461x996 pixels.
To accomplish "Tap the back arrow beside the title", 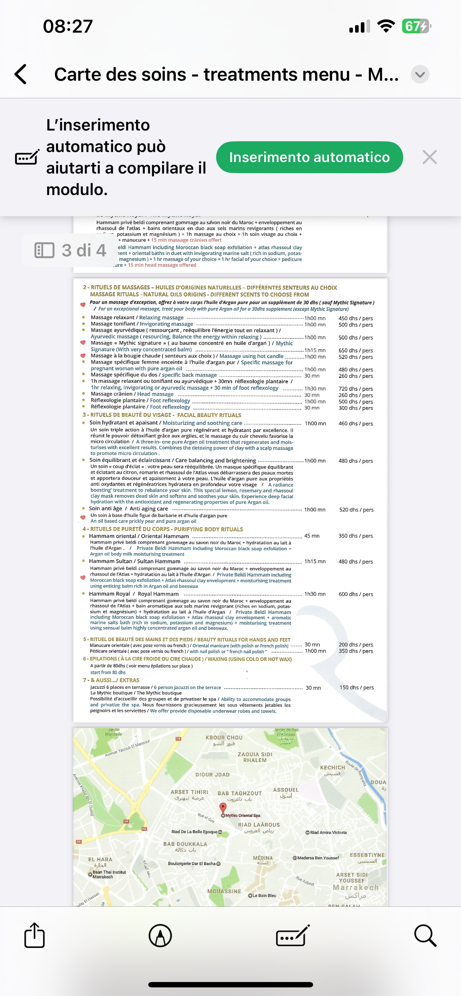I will pos(20,74).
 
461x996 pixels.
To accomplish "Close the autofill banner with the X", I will pos(429,157).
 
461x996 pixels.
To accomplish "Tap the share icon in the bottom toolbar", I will pos(34,935).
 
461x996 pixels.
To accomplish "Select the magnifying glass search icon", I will pos(425,935).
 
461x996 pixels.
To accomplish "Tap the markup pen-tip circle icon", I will pos(160,935).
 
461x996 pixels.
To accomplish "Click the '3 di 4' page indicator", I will pos(70,250).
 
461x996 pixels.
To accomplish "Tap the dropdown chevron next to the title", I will pos(420,74).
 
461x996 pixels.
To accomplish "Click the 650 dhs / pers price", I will pos(355,350).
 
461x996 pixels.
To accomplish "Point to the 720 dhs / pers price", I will pos(355,389).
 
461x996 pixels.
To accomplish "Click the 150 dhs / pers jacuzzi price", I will pos(356,687).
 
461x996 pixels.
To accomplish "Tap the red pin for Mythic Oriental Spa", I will pos(223,807).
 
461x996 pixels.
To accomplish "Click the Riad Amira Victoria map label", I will pos(328,832).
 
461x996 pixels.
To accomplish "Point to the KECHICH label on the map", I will pos(332,767).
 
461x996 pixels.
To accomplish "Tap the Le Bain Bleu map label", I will pos(264,895).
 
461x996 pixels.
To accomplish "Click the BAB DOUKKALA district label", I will pos(185,844).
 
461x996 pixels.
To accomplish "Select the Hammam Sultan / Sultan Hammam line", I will pos(135,561).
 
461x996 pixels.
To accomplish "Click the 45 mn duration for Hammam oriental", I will pos(312,536).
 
